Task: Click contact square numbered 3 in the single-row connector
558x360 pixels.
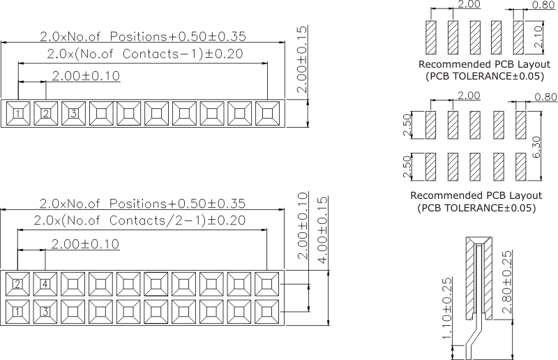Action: click(x=73, y=112)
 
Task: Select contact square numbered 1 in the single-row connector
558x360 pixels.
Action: click(x=19, y=112)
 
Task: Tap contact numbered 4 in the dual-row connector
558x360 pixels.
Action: click(x=46, y=284)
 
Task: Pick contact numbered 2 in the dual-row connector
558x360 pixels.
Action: click(x=19, y=284)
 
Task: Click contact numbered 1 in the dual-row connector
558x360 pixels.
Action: click(x=19, y=310)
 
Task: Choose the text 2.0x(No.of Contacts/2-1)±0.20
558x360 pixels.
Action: click(x=139, y=220)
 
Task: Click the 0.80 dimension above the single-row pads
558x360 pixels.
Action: click(x=545, y=5)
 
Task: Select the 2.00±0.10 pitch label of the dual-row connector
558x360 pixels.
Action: click(x=85, y=243)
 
